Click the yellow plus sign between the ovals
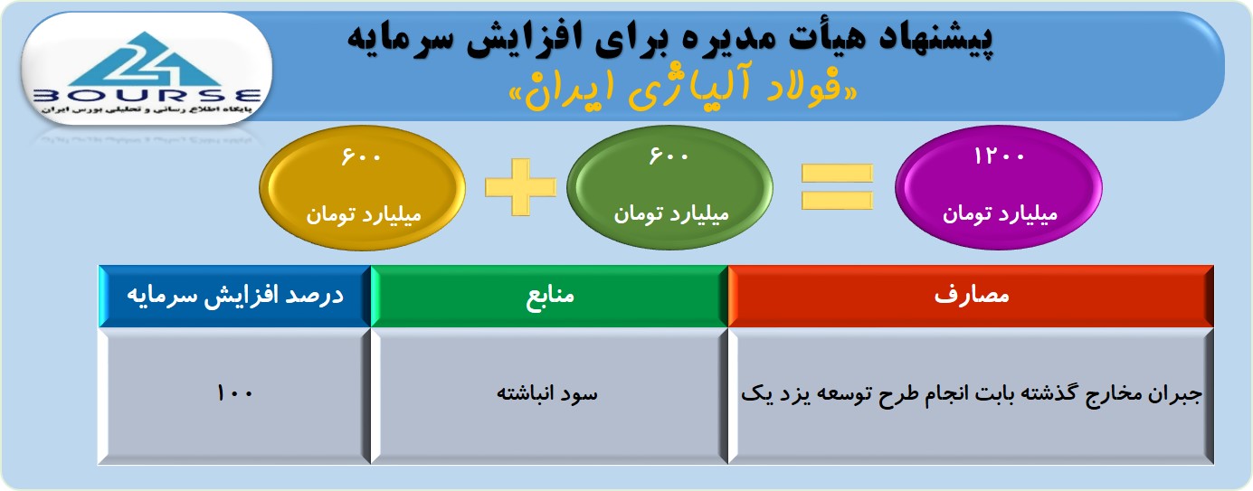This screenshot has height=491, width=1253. click(x=520, y=187)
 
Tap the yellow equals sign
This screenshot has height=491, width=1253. click(x=837, y=187)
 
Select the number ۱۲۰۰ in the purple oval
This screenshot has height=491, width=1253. click(x=999, y=156)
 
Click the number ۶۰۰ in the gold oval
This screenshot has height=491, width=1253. click(x=361, y=156)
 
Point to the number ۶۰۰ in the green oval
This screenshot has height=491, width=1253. click(x=669, y=156)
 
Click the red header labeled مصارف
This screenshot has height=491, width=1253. click(x=971, y=296)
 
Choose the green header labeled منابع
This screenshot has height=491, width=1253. click(x=549, y=296)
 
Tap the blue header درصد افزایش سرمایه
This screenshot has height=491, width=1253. click(x=235, y=296)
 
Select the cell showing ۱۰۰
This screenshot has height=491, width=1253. click(x=235, y=395)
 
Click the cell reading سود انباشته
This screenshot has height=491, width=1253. click(x=549, y=395)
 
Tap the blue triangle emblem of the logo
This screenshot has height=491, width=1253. click(x=146, y=60)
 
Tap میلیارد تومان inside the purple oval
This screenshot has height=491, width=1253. click(x=1000, y=214)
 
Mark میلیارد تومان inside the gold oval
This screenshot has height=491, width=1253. click(x=363, y=214)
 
